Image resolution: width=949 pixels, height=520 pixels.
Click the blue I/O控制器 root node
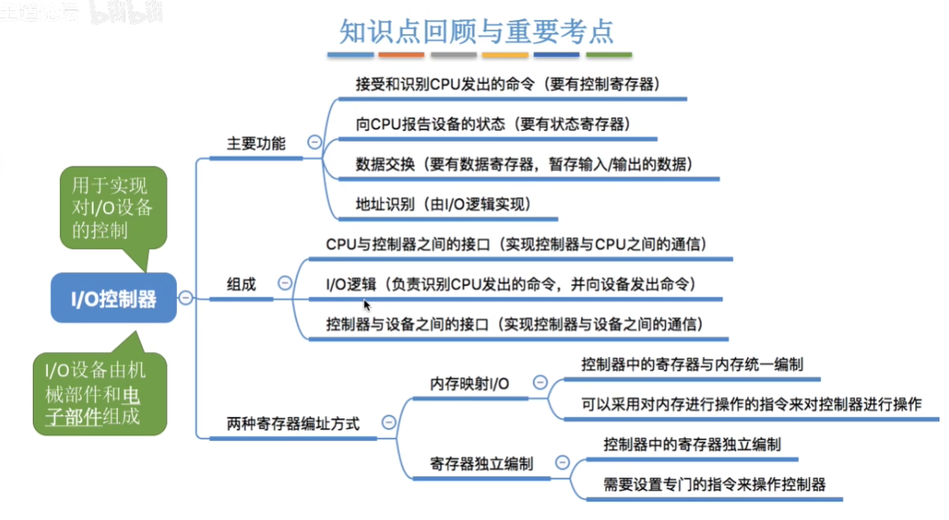click(x=114, y=298)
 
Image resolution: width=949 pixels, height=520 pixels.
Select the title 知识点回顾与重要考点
click(x=477, y=31)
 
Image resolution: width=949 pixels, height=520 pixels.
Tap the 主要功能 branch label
click(x=256, y=144)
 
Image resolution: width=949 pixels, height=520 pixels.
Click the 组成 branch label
click(x=242, y=284)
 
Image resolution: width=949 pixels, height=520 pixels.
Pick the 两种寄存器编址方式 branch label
click(x=293, y=424)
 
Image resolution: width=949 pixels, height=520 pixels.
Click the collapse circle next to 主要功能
click(x=315, y=142)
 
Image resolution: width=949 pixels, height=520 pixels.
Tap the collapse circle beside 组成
click(x=284, y=282)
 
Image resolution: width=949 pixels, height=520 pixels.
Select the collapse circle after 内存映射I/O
click(x=540, y=382)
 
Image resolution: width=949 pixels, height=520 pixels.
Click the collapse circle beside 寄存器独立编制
click(x=562, y=462)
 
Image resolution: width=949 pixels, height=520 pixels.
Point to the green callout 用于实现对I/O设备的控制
click(x=113, y=208)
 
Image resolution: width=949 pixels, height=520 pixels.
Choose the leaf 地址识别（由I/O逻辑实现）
click(x=444, y=204)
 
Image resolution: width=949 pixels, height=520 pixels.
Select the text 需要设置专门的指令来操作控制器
click(x=714, y=484)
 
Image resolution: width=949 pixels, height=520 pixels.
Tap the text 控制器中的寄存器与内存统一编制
click(x=692, y=365)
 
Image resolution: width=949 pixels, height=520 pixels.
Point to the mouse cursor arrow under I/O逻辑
click(x=367, y=306)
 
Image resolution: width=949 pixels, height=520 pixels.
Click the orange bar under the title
click(x=401, y=55)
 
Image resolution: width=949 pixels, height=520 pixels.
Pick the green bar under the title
click(x=609, y=55)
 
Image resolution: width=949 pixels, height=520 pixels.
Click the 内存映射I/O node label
click(x=469, y=384)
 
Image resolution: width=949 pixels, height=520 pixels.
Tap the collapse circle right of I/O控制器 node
click(x=186, y=298)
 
